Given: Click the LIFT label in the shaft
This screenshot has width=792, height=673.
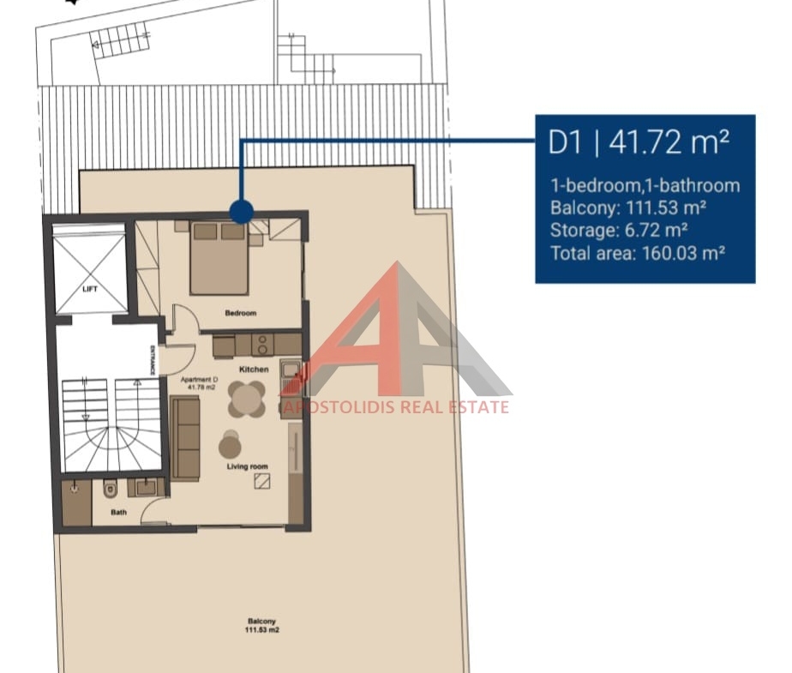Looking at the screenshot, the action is (90, 289).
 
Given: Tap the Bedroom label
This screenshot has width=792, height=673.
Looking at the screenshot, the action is (240, 313).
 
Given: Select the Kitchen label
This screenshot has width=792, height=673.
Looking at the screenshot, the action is (254, 370).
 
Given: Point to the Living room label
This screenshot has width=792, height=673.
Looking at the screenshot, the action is (248, 466).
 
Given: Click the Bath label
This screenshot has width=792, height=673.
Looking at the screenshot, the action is (118, 513).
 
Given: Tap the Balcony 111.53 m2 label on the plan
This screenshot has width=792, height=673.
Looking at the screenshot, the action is (262, 626).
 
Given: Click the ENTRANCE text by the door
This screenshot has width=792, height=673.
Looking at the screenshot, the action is (153, 360).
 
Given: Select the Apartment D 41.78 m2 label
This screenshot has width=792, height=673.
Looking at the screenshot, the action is (200, 383).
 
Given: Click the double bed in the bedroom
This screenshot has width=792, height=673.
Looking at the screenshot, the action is (219, 258).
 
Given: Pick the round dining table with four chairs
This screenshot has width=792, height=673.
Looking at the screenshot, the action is (247, 400).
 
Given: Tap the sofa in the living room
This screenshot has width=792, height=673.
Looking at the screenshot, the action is (185, 439).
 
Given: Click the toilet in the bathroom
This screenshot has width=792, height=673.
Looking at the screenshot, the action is (110, 489).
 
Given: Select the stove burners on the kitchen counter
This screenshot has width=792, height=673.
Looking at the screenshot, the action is (262, 345).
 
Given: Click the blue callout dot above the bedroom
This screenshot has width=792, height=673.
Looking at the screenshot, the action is (242, 212).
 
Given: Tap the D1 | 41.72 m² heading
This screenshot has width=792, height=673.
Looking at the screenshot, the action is (639, 142).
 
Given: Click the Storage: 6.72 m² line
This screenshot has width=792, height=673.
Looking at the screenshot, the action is (619, 231).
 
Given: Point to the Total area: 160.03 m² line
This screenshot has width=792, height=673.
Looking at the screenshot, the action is (638, 253).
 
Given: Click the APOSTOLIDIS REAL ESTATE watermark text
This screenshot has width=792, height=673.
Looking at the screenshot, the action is (395, 406).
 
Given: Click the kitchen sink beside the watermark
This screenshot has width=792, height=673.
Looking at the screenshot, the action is (291, 371).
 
